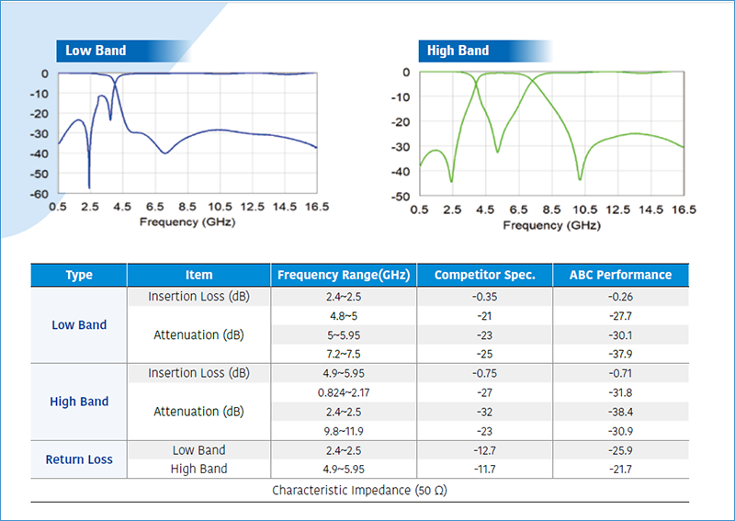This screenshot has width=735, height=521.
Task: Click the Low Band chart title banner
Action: pos(96,51)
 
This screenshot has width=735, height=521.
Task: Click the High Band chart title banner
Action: pos(458,51)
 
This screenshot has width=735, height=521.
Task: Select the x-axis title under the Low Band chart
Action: pos(187,222)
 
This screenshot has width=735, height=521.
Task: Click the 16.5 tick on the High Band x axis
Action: pos(683,210)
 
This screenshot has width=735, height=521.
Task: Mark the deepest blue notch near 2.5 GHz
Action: pos(89,187)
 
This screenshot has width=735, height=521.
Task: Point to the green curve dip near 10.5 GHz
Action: pos(580,178)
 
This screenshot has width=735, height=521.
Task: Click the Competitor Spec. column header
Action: pos(485,275)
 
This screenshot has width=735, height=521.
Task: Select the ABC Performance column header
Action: pos(620,275)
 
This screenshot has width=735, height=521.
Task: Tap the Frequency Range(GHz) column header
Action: pos(345,275)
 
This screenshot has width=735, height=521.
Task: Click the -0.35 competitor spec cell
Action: pos(485,297)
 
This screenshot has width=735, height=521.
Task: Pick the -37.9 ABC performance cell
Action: pos(620,354)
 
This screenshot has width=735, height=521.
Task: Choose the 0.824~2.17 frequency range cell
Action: pos(345,392)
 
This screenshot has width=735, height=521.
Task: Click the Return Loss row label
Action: pos(79,459)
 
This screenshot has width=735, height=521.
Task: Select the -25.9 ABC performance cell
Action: pos(620,450)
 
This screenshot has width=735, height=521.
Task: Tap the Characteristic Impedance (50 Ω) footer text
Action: pos(359,491)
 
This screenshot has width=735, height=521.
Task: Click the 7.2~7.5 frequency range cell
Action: pos(345,354)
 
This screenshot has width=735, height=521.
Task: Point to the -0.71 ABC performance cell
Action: pos(620,373)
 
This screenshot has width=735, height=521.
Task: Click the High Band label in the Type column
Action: pos(79,402)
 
